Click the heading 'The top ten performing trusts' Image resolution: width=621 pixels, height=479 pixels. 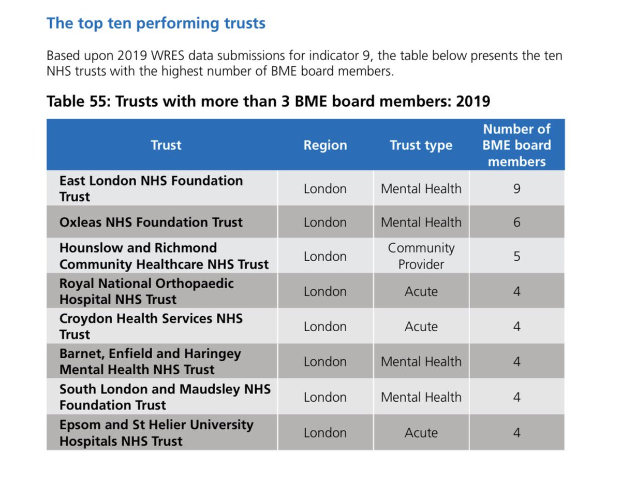coord(156,23)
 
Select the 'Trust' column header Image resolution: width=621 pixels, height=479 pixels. coord(166,145)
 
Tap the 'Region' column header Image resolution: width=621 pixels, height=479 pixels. coord(325,145)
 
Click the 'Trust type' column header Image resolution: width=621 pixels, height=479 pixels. coord(421,145)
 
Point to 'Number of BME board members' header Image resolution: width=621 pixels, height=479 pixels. coord(516,145)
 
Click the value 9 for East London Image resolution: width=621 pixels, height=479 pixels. coord(516,189)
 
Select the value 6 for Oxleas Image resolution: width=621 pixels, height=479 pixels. coord(516,222)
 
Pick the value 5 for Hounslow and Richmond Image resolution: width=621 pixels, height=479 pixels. coord(516,257)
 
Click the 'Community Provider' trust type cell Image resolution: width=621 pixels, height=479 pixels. coord(421,256)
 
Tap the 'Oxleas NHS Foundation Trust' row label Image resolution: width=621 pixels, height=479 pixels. coord(151,222)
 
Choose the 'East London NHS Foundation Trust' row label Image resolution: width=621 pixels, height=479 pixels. coord(151,189)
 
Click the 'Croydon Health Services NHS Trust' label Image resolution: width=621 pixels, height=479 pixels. coord(151,326)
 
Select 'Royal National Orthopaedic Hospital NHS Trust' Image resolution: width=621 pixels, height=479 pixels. coord(146,291)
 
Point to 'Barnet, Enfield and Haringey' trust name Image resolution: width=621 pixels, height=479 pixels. coord(150,361)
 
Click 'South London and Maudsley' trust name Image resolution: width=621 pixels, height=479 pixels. coord(165,397)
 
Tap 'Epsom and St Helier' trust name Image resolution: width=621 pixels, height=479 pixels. coord(156,433)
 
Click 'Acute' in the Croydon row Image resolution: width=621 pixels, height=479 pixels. coord(421,327)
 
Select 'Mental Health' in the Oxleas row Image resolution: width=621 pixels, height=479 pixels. coord(421,222)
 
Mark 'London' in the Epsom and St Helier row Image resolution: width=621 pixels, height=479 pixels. coord(325,433)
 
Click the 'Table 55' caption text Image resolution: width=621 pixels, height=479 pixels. coord(268,101)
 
